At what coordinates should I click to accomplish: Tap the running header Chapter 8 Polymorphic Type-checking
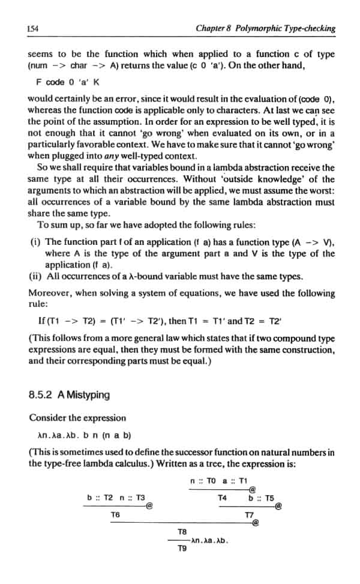pos(265,28)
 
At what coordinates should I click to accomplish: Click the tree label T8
pos(182,532)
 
